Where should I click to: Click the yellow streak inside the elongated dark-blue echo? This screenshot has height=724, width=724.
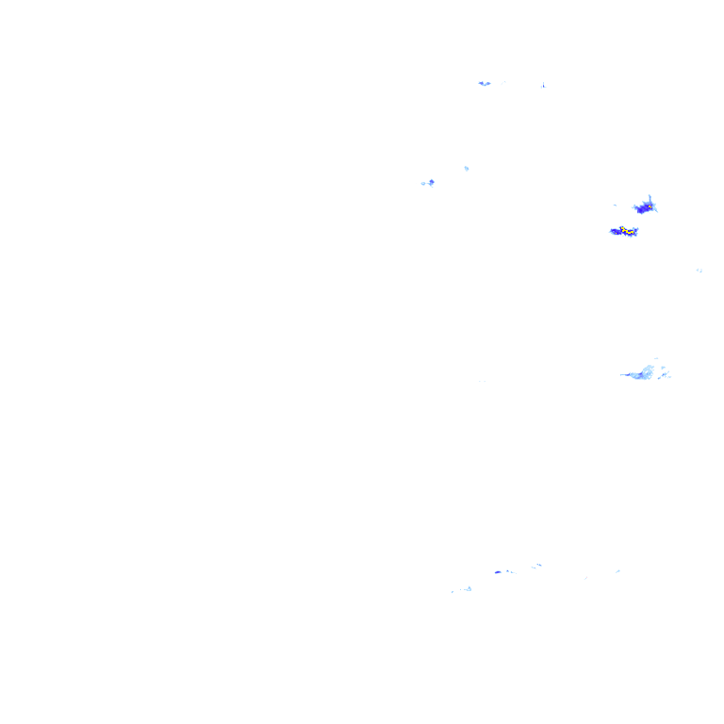click(623, 230)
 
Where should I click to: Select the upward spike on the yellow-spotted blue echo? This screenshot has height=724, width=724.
click(650, 197)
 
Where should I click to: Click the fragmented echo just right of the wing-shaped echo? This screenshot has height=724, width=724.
click(666, 374)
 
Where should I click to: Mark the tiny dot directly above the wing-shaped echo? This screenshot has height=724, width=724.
click(655, 358)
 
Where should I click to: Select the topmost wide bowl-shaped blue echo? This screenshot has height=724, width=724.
click(485, 83)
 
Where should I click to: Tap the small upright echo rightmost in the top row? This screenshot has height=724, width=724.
click(543, 86)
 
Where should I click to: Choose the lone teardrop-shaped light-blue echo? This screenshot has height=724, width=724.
click(467, 169)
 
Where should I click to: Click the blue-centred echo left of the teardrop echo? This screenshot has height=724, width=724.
click(429, 183)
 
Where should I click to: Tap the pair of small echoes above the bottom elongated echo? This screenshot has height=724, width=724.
click(535, 567)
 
